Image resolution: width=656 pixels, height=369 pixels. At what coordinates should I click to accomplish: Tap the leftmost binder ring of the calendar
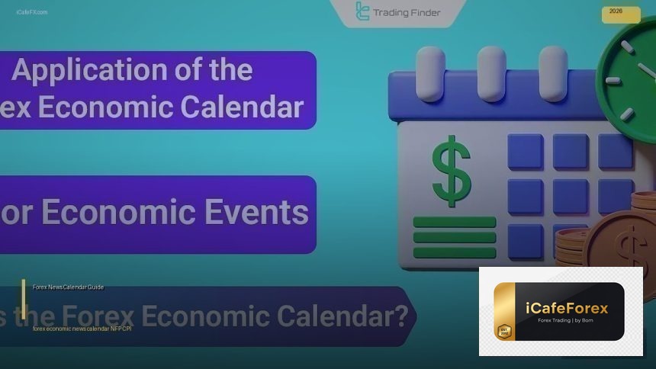pos(431,73)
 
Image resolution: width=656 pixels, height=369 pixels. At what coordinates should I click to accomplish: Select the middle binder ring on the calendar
pos(491,73)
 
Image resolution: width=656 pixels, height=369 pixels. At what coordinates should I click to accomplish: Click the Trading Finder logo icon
pos(362,11)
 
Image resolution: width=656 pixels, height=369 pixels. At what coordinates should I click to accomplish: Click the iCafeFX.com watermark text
pos(31,12)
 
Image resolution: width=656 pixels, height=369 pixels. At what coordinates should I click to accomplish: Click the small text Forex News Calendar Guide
pos(68,287)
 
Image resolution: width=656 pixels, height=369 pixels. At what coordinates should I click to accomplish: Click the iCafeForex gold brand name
pos(567,308)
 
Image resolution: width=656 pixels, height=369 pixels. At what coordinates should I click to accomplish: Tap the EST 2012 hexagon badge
pos(503,329)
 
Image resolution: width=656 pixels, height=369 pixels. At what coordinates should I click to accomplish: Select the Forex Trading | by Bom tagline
pos(567,320)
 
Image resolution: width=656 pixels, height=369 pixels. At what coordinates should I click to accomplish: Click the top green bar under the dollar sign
pos(454,223)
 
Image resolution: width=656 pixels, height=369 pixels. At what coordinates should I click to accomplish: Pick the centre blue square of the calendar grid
pos(571,197)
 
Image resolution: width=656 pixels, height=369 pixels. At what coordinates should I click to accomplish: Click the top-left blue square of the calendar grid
pos(526,152)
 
